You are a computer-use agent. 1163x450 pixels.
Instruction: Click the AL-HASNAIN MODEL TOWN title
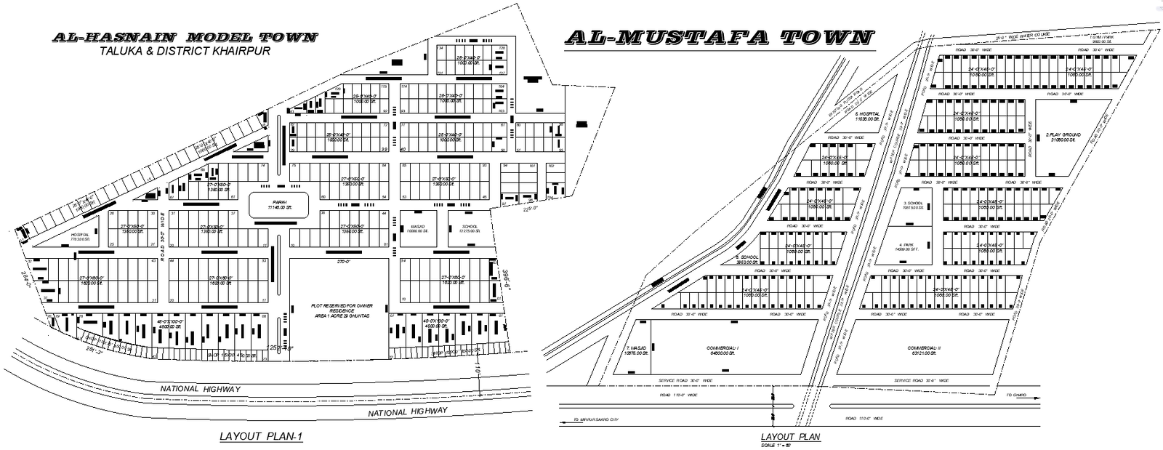[184, 37]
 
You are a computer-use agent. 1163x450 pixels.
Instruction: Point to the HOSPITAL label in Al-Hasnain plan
[80, 235]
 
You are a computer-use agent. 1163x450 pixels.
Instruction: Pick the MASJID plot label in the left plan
[417, 226]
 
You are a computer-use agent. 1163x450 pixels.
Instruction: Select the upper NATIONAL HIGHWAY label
[200, 389]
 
